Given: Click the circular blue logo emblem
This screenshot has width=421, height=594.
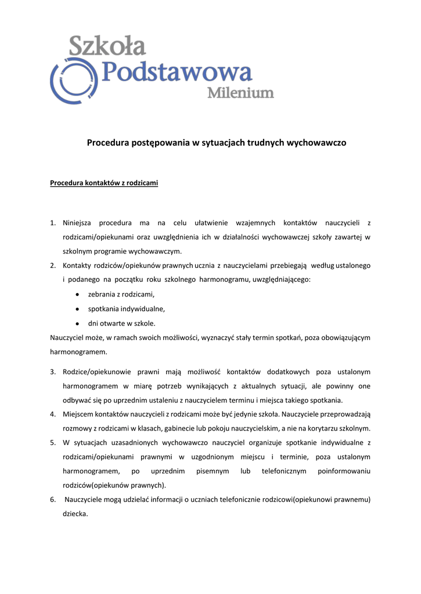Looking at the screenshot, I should [71, 81].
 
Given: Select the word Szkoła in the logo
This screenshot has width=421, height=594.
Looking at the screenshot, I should [107, 46].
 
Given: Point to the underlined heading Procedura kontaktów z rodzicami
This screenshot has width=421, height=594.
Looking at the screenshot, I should [104, 183].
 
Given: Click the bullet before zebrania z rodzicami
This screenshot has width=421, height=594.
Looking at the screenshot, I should [77, 295].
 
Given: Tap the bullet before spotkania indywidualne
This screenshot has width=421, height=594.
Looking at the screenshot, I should [77, 309].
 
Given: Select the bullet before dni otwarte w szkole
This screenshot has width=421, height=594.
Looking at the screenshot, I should [77, 323].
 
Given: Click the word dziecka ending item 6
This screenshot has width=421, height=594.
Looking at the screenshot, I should [75, 513].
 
